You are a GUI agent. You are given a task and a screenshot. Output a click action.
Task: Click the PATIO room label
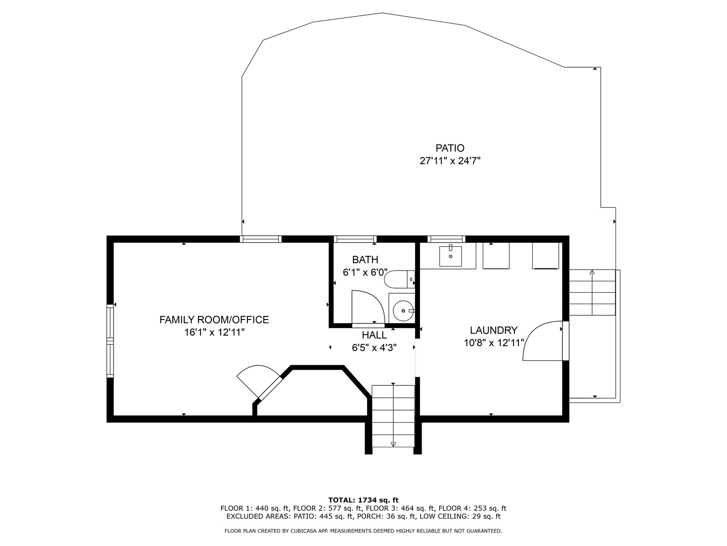click(x=449, y=148)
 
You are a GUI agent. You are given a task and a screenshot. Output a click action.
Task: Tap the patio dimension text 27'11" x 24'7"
click(x=449, y=161)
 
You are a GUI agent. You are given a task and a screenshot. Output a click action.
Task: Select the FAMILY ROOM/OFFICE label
click(x=214, y=320)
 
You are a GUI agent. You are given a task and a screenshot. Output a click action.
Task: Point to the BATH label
click(x=365, y=260)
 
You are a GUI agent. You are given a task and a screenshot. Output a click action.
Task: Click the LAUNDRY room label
click(x=493, y=330)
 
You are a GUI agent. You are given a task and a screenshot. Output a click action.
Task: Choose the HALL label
click(x=374, y=335)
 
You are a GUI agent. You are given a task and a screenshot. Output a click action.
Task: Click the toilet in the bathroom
click(x=399, y=279)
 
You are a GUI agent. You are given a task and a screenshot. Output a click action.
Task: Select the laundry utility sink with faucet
click(x=450, y=256)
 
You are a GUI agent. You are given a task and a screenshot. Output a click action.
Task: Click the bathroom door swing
click(x=367, y=307)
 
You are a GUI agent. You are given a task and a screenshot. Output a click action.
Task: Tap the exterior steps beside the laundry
click(x=592, y=293)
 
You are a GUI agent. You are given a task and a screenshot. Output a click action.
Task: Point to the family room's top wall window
click(x=261, y=239)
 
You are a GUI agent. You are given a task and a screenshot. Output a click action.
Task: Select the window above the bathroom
click(x=355, y=239)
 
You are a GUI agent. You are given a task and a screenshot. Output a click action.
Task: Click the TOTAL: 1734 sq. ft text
click(x=363, y=500)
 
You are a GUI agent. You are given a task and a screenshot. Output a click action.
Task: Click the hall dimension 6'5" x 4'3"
click(x=374, y=348)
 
